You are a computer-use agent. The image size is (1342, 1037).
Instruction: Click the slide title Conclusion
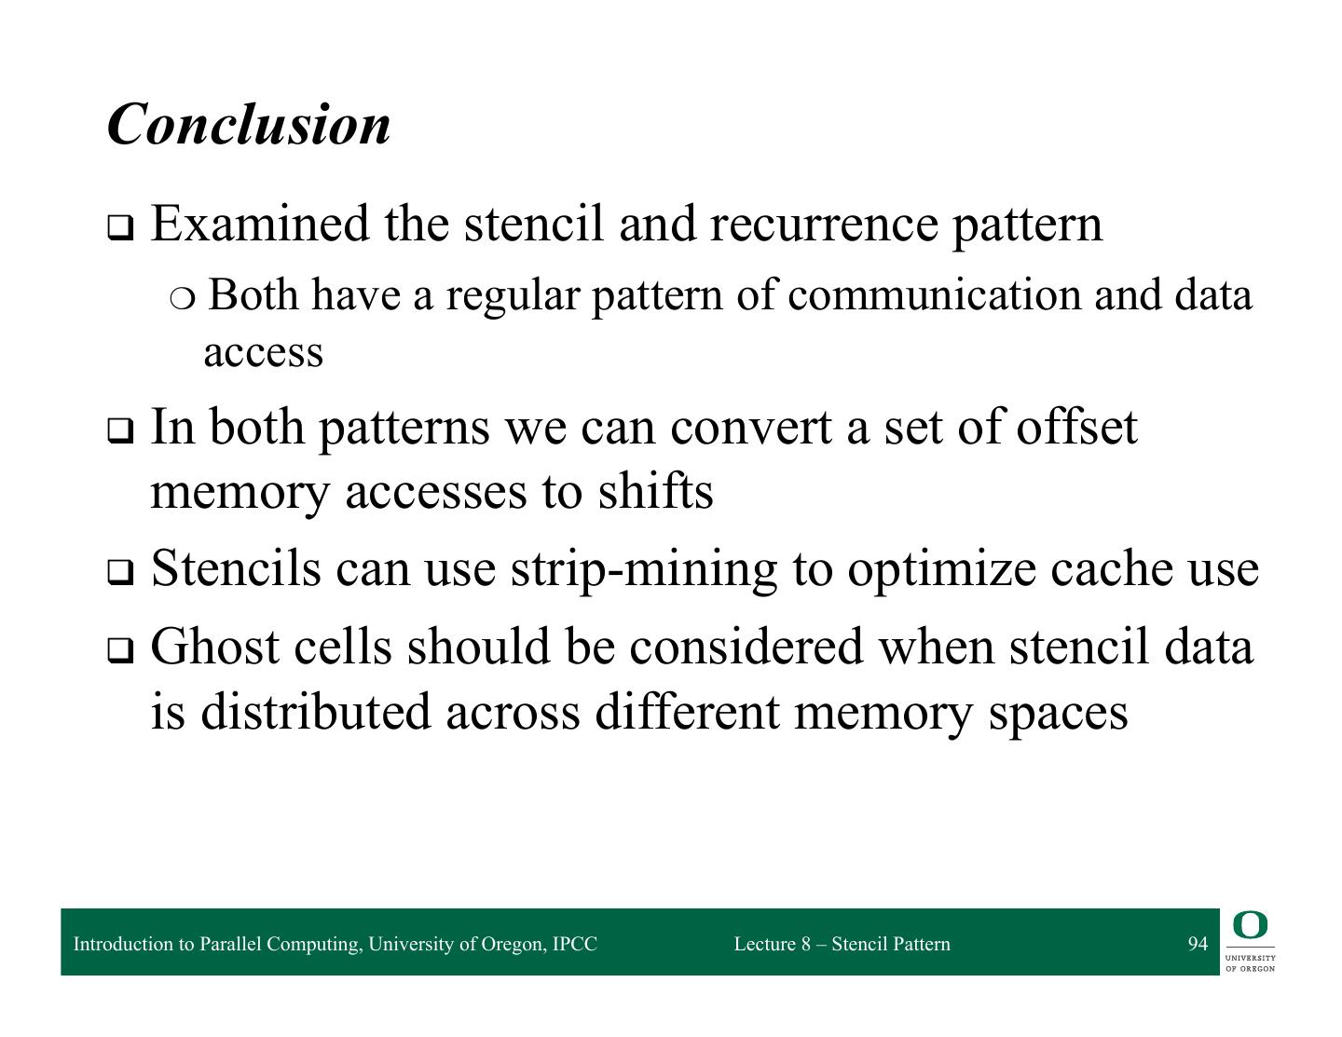click(x=249, y=124)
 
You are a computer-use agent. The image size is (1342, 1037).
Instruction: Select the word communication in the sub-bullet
click(x=934, y=295)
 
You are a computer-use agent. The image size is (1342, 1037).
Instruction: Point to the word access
click(x=263, y=352)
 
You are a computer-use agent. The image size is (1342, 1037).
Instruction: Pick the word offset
click(x=1076, y=427)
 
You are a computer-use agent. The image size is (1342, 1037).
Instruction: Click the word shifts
click(x=655, y=491)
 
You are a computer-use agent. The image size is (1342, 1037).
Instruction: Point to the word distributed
click(x=315, y=711)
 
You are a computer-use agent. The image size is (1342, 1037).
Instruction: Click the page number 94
click(x=1198, y=944)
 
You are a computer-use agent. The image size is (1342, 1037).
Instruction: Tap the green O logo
click(x=1250, y=926)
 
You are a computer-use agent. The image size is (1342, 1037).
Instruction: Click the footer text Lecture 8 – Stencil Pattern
click(x=842, y=944)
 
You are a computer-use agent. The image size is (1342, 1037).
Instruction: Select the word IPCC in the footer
click(x=574, y=944)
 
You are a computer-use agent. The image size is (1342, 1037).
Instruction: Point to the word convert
click(x=750, y=427)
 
